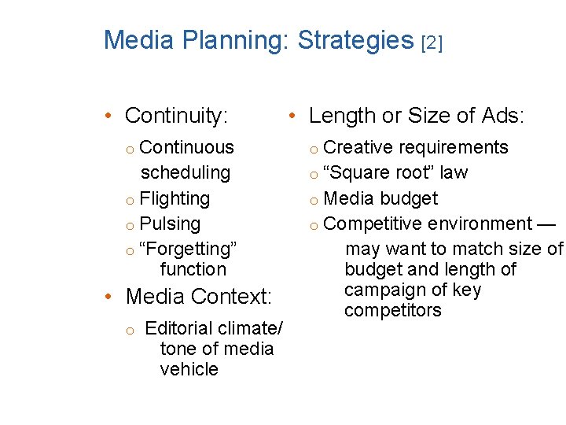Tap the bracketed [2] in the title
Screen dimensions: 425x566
point(432,42)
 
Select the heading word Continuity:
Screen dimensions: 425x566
point(177,116)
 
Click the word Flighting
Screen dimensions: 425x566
point(175,199)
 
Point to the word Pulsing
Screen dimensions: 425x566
point(170,224)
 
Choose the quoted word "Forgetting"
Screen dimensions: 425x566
point(188,249)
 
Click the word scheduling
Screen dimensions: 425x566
point(186,172)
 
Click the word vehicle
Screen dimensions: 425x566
point(189,369)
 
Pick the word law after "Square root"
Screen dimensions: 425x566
point(454,172)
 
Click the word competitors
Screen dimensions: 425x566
point(393,310)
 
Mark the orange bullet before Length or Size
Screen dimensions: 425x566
point(291,116)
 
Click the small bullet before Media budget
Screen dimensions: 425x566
point(313,200)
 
